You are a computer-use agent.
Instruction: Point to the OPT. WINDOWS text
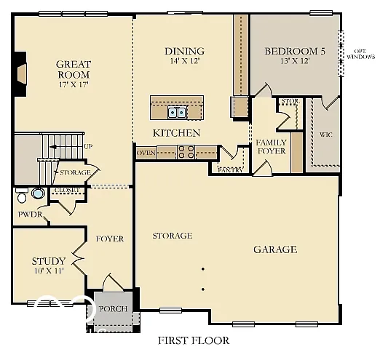click(x=364, y=53)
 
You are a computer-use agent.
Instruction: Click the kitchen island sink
click(x=176, y=111)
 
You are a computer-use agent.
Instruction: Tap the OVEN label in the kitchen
click(x=146, y=153)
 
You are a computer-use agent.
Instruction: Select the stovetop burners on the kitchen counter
click(x=186, y=152)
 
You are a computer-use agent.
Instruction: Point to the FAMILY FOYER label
click(x=271, y=146)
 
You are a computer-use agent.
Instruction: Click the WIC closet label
click(x=325, y=135)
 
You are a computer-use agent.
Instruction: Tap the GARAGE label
click(x=274, y=249)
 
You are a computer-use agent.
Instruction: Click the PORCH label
click(x=113, y=309)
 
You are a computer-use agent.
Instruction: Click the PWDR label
click(x=30, y=215)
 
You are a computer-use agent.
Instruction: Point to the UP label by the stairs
click(x=88, y=147)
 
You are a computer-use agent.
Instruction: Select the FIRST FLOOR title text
click(x=194, y=340)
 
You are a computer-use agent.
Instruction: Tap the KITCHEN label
click(x=176, y=133)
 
